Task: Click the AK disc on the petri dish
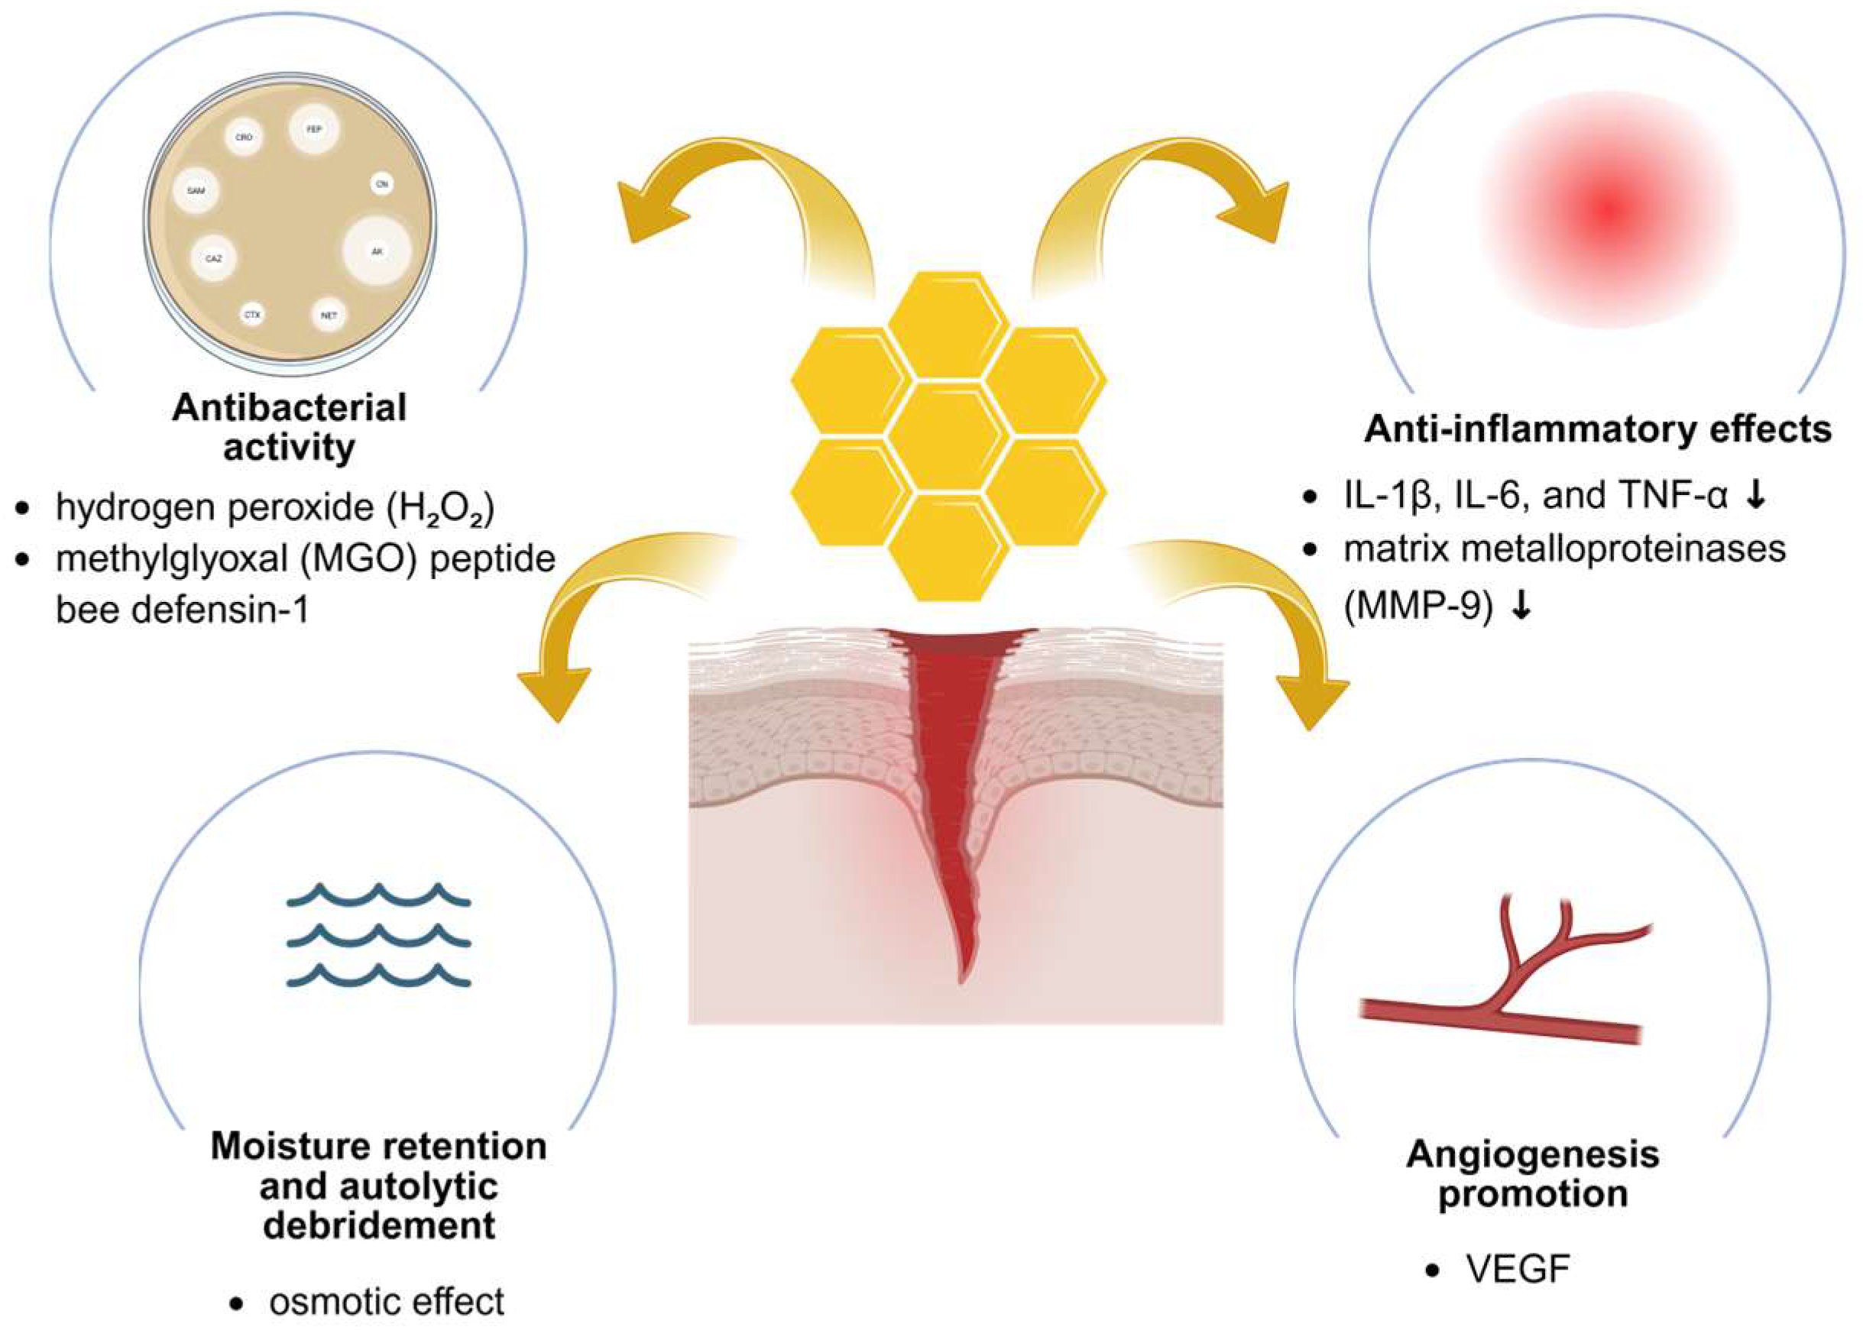[377, 251]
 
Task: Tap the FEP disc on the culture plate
[314, 129]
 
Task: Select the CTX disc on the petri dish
[252, 314]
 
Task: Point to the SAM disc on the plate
[196, 191]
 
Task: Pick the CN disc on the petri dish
[381, 184]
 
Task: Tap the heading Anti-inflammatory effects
[1597, 429]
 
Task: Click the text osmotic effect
[387, 1301]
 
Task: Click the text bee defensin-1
[182, 610]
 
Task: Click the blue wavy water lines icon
[378, 934]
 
